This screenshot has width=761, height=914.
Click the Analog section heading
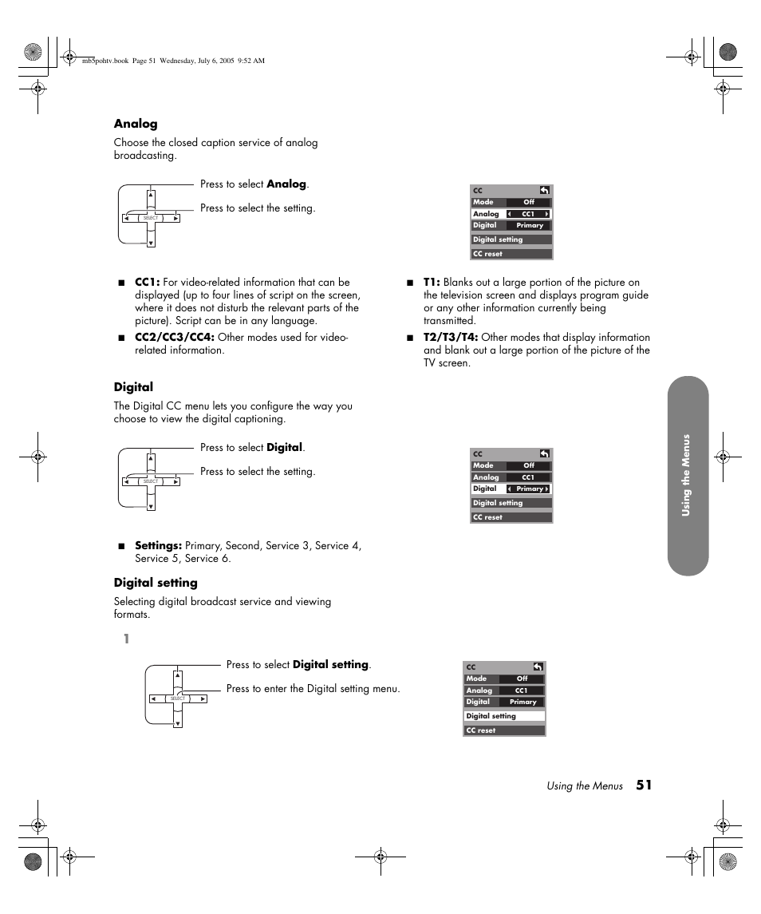pos(136,124)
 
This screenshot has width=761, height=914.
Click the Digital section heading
pos(133,387)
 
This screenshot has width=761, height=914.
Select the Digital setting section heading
pos(156,583)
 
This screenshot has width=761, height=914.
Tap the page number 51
pos(644,785)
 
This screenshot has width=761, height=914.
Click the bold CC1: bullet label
pos(148,282)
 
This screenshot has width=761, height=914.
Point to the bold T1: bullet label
pos(432,282)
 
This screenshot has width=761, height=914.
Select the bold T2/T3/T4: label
pos(451,337)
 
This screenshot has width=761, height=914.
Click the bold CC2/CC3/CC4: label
pos(174,337)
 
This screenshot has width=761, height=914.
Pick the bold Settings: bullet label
pos(158,545)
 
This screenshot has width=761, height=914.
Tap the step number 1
pos(126,639)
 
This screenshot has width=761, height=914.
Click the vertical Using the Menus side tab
pos(687,476)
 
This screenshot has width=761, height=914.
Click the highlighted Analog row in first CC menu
pos(511,214)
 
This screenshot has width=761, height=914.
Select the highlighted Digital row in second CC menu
pos(511,489)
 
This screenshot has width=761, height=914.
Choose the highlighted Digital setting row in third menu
pos(504,716)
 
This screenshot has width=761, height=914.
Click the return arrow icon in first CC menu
pos(544,191)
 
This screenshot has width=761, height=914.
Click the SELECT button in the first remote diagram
pos(151,218)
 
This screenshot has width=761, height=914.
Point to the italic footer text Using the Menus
pos(584,786)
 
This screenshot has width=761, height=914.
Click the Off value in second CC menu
pos(529,465)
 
